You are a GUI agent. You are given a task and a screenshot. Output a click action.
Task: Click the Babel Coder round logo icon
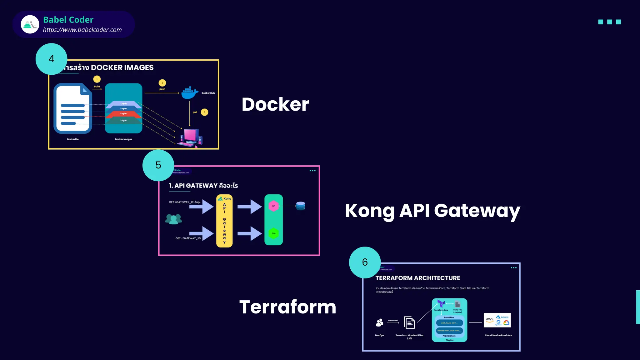(30, 24)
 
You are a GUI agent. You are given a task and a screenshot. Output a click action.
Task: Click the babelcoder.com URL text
(82, 30)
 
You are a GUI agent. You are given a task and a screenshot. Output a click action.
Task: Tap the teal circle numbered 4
(51, 59)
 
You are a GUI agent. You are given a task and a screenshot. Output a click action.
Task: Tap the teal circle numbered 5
(158, 165)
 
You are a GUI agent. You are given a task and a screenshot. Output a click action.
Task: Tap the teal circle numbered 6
(365, 262)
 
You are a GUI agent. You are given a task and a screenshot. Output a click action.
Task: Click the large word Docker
(275, 104)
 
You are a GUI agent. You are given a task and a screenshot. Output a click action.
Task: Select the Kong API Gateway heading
(432, 211)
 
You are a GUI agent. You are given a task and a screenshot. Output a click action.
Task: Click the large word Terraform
(287, 307)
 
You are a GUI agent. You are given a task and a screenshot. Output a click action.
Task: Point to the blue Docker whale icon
(190, 93)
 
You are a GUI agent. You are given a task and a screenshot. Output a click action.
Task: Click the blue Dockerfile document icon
(73, 108)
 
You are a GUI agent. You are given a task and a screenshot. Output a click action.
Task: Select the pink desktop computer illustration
(190, 138)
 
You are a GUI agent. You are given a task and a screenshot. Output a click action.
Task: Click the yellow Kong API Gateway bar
(224, 221)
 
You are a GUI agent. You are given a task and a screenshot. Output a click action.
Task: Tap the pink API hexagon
(273, 206)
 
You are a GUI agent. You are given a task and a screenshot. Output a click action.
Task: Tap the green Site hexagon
(273, 233)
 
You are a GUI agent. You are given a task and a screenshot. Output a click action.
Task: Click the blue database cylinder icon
(300, 206)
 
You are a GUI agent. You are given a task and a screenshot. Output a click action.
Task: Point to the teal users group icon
(173, 219)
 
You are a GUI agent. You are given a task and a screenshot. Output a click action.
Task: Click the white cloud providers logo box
(497, 320)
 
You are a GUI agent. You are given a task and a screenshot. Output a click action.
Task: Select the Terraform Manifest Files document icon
(409, 322)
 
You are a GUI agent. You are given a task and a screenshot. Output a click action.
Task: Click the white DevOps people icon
(380, 322)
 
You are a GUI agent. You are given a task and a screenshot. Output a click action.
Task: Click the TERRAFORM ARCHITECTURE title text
(417, 278)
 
